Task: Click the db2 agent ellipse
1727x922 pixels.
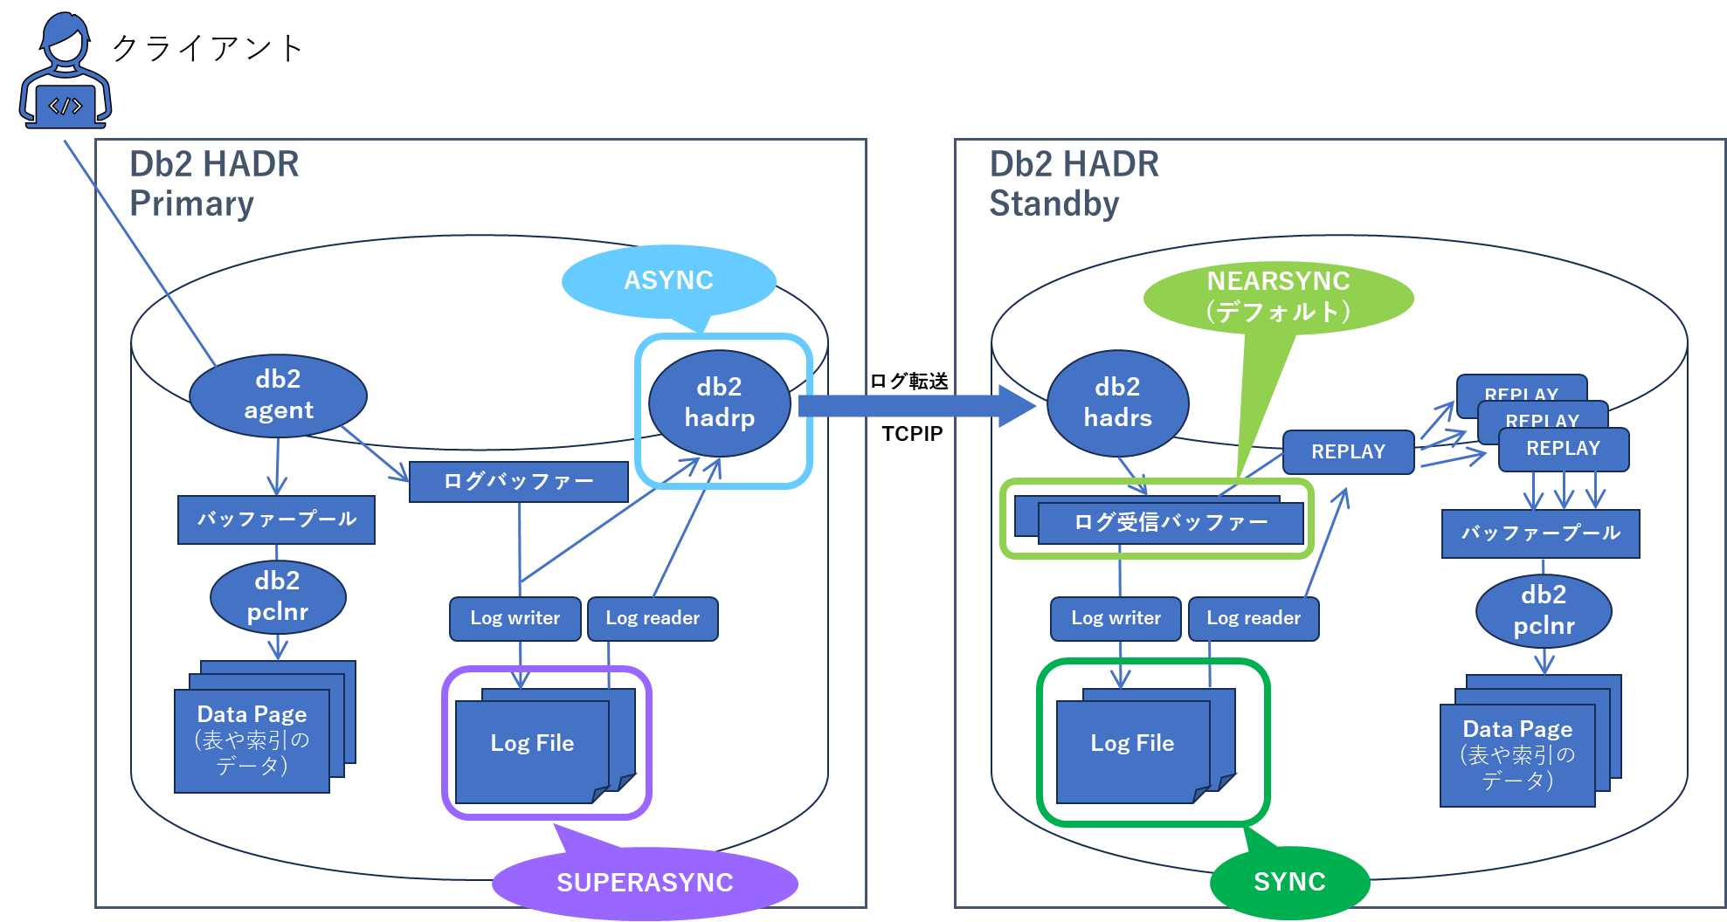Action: [278, 395]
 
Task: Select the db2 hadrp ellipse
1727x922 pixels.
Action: [719, 403]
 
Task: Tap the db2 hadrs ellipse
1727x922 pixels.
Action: [1117, 403]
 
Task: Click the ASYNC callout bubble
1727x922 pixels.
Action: [668, 280]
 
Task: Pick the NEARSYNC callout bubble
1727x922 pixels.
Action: [1278, 297]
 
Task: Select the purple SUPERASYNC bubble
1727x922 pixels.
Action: [645, 882]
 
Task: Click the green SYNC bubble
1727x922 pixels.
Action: [1289, 882]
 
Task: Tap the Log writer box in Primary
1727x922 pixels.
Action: [515, 618]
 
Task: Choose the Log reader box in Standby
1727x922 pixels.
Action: [1253, 618]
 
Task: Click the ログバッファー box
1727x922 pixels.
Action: [518, 481]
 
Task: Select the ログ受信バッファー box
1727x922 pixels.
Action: [1170, 523]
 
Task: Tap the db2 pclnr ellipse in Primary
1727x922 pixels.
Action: [278, 596]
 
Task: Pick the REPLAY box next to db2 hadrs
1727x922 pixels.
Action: [1348, 451]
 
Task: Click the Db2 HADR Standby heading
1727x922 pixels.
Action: [1074, 184]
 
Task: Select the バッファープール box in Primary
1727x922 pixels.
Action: [276, 519]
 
